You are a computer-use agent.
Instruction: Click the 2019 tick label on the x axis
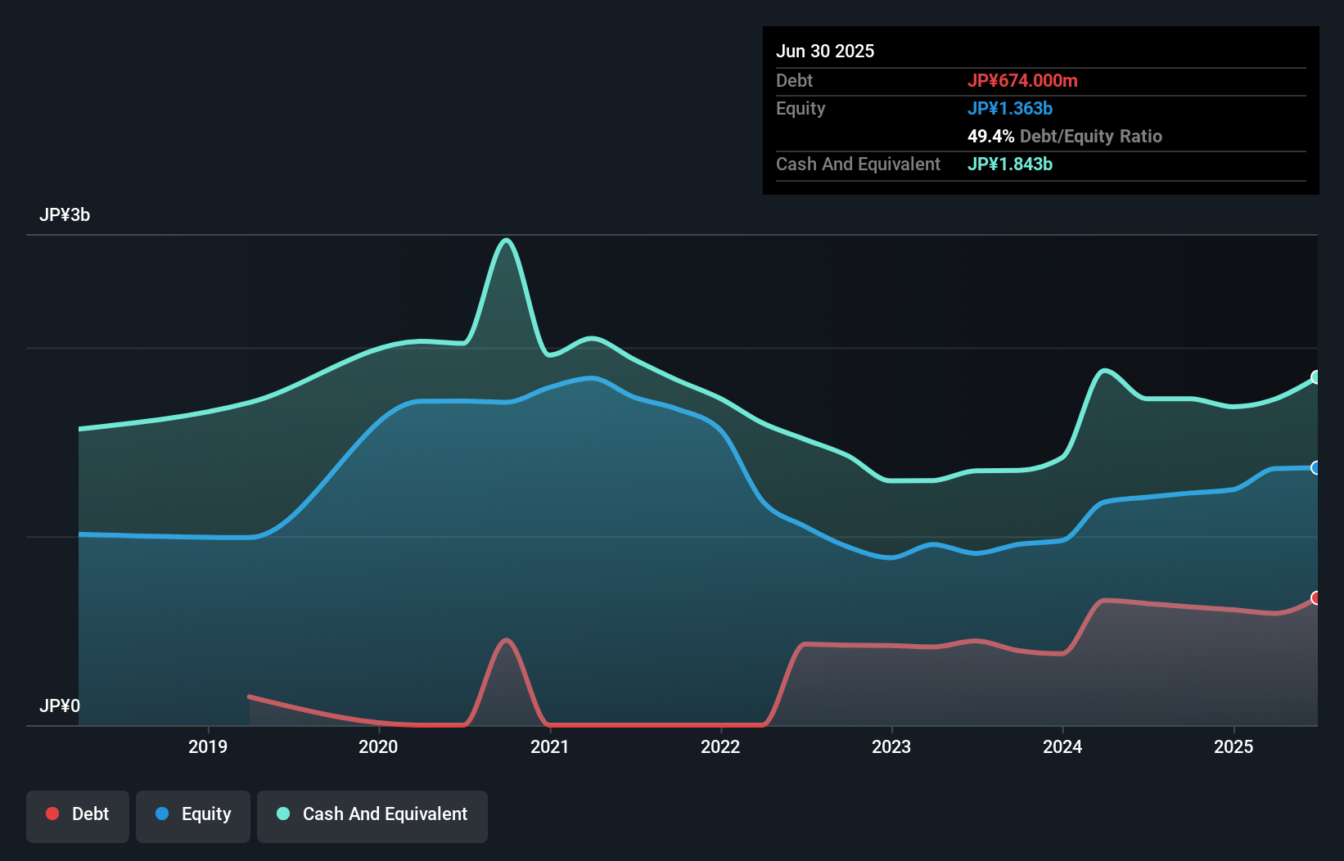[x=208, y=746]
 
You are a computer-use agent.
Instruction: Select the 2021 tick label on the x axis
[x=549, y=746]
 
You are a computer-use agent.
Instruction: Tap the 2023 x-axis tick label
[x=891, y=746]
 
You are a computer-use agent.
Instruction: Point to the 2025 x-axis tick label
[x=1234, y=746]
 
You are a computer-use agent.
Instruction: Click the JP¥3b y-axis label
[x=65, y=215]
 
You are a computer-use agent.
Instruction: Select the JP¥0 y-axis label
[x=60, y=705]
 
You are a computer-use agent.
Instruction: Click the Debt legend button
[x=78, y=814]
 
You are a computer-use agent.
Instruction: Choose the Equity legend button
[x=193, y=814]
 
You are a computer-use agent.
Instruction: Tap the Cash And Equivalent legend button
[x=372, y=814]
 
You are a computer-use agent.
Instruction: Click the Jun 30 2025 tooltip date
[x=825, y=51]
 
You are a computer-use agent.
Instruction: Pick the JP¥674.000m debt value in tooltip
[x=1022, y=80]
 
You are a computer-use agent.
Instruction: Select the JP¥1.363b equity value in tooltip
[x=1010, y=108]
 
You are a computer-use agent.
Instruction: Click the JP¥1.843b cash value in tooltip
[x=1010, y=164]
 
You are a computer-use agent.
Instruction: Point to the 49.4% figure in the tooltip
[x=990, y=136]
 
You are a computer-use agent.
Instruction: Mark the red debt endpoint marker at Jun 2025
[x=1316, y=597]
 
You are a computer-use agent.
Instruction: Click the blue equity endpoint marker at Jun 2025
[x=1316, y=468]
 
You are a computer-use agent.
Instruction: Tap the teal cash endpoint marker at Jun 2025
[x=1316, y=377]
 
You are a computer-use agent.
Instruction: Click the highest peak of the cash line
[x=507, y=240]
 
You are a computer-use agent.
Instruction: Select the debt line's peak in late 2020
[x=507, y=640]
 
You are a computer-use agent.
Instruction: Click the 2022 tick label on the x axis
[x=720, y=746]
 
